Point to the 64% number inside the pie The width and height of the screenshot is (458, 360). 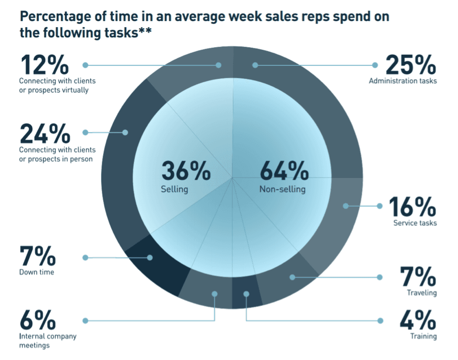click(x=284, y=172)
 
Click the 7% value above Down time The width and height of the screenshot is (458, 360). click(x=37, y=257)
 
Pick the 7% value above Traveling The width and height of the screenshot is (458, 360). click(x=418, y=277)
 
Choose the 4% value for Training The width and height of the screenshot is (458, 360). click(x=418, y=320)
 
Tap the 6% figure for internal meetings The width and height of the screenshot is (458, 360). click(x=37, y=320)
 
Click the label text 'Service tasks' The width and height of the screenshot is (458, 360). click(x=415, y=223)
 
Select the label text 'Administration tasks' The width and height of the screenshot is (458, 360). click(x=403, y=80)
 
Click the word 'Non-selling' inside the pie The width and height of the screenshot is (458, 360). click(x=282, y=190)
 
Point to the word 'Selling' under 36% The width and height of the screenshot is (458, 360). click(x=174, y=190)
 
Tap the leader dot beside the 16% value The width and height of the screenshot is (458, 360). click(x=378, y=206)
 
